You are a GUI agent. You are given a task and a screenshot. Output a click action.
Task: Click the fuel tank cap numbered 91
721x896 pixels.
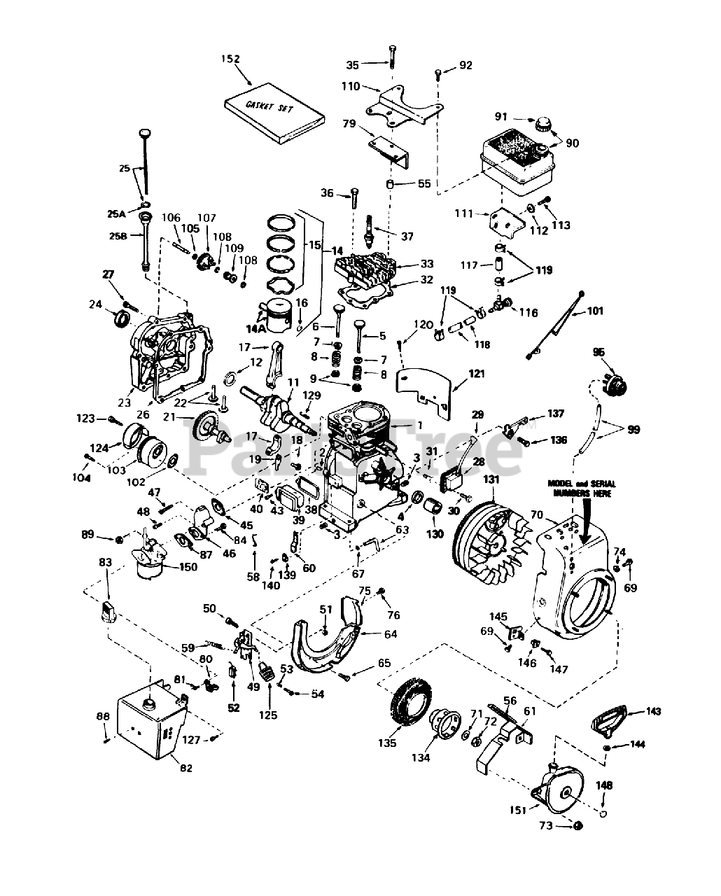point(542,127)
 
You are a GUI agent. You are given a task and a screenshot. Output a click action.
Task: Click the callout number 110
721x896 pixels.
point(350,87)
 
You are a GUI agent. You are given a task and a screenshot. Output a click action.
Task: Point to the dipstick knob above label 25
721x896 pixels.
point(145,134)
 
